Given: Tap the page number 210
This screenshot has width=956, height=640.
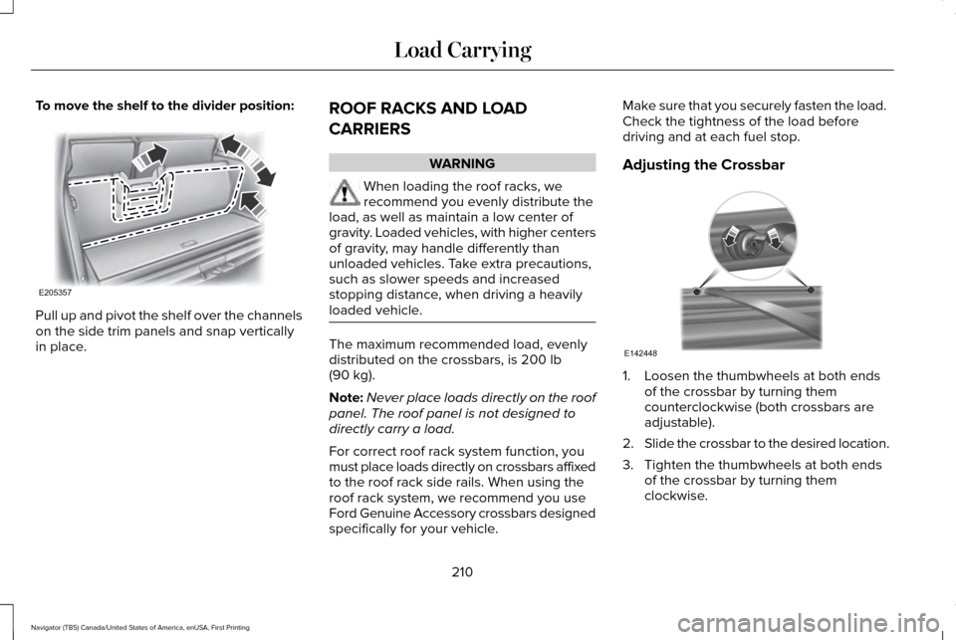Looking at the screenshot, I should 462,572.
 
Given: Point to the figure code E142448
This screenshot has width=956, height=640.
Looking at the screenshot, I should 641,353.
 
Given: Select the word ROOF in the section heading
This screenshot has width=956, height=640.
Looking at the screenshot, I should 344,107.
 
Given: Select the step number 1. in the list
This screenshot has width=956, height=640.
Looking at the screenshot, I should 627,376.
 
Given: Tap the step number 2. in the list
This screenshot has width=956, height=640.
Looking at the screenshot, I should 627,442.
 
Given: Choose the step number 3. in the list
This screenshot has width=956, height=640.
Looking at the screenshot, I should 627,464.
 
